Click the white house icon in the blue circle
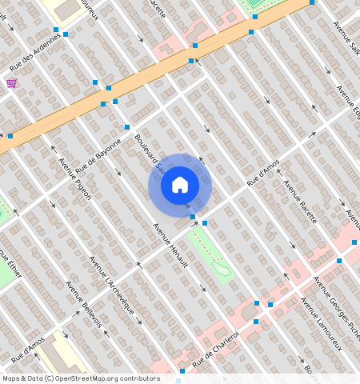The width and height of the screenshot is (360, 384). (x=180, y=185)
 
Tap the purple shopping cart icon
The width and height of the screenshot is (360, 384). (x=11, y=82)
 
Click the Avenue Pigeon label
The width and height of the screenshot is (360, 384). (x=75, y=178)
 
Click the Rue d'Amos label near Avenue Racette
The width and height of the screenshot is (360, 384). (x=263, y=172)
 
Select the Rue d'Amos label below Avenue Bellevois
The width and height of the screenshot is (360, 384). (x=27, y=349)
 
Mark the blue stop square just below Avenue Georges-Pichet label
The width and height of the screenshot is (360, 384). (x=339, y=261)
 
